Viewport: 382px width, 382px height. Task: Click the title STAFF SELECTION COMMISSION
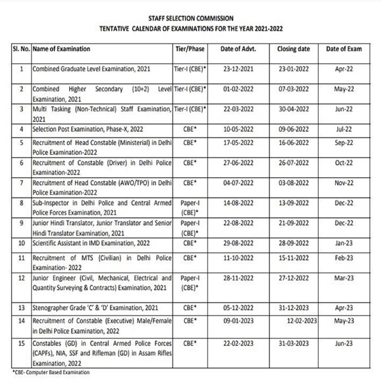click(x=190, y=18)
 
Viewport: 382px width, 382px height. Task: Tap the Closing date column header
click(x=294, y=49)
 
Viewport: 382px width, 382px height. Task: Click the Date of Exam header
click(x=347, y=49)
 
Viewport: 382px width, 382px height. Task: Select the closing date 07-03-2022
click(x=294, y=88)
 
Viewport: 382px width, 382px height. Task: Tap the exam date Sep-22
click(x=347, y=143)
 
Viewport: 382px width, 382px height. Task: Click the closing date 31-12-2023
click(x=294, y=308)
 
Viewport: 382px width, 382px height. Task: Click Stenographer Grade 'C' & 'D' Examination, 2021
click(x=88, y=308)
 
